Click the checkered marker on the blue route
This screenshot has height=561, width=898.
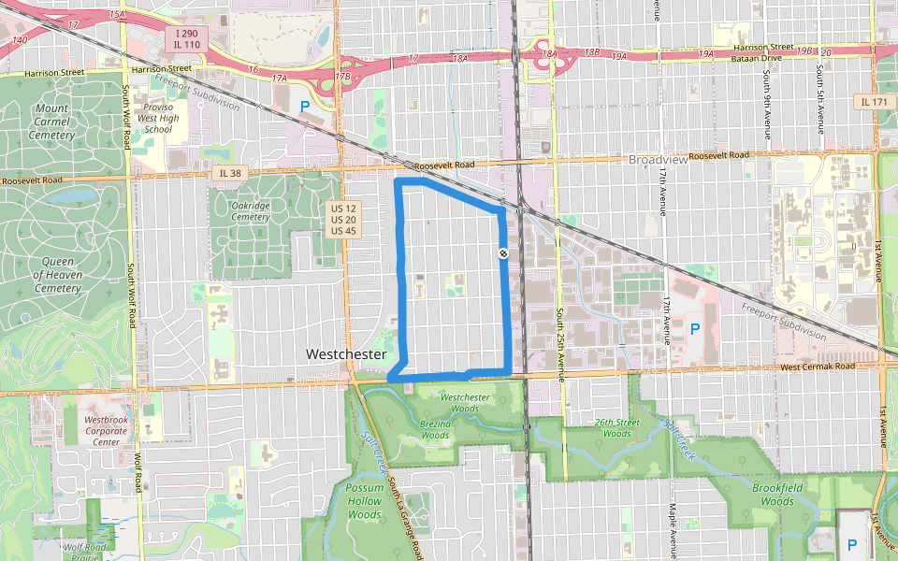[x=503, y=253]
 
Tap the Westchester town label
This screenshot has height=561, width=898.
[x=346, y=355]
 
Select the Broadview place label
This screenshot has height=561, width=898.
[x=658, y=160]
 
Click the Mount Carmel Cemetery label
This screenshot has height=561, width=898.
[x=51, y=122]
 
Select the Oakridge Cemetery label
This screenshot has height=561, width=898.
[x=250, y=210]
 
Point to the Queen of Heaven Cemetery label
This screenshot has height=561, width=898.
[x=57, y=275]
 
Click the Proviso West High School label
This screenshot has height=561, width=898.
[x=159, y=117]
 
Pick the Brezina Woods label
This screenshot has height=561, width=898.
[x=434, y=428]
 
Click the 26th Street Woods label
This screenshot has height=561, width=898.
[x=616, y=427]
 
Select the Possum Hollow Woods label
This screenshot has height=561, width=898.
[x=364, y=501]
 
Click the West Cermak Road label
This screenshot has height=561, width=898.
[x=817, y=367]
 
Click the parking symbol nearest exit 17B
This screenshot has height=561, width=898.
[x=305, y=107]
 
